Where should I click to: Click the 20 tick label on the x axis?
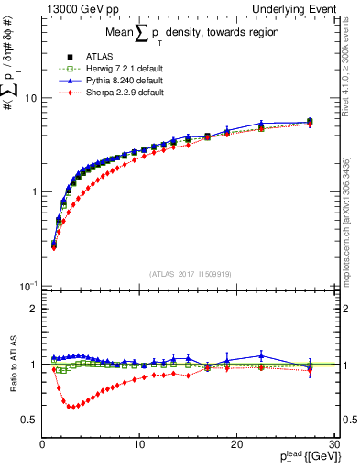[236, 444]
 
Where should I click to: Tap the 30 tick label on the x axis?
[333, 444]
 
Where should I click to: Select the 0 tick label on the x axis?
[43, 444]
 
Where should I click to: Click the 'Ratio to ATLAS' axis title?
[11, 365]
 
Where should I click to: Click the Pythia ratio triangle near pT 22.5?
[261, 355]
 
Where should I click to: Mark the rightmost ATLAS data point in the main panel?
[310, 121]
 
